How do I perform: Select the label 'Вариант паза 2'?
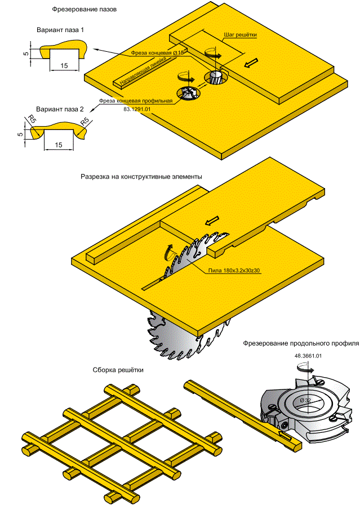coord(60,109)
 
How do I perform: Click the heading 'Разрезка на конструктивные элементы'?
coord(141,177)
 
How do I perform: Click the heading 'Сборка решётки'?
coord(118,370)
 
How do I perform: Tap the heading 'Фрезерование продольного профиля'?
coord(300,343)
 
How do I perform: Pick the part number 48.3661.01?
coord(308,356)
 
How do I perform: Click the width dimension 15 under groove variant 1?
coord(64,66)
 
